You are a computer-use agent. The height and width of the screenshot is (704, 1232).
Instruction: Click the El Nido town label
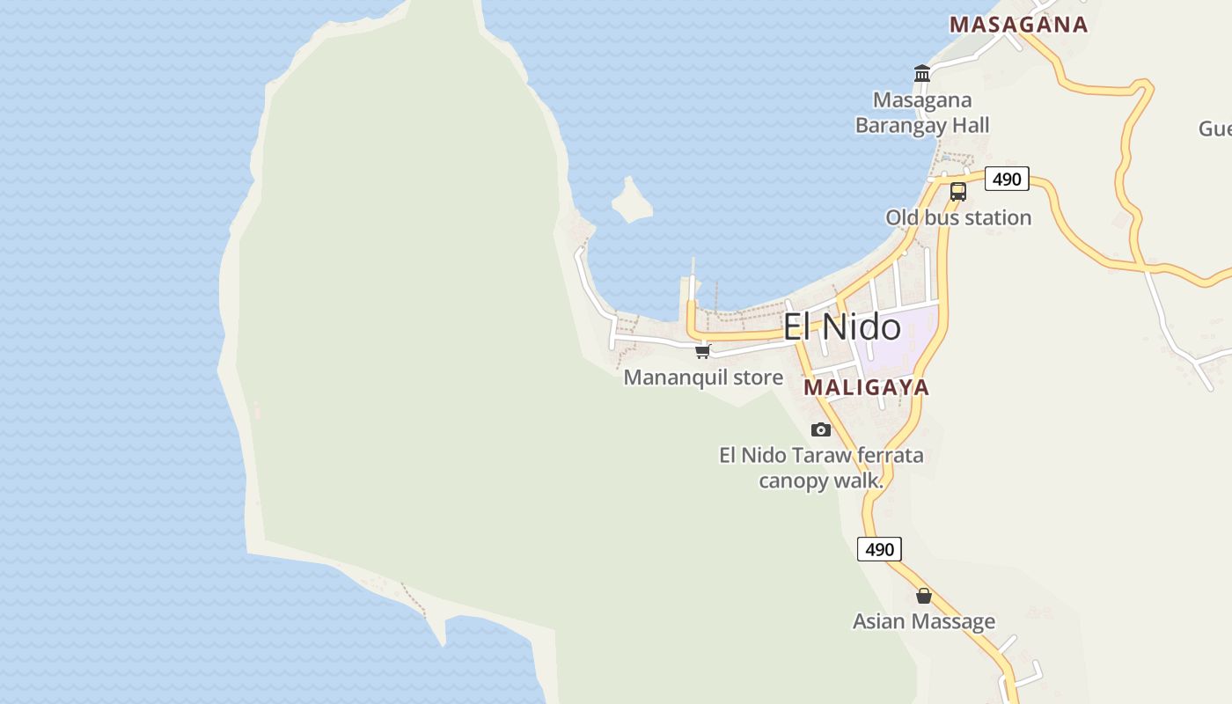coord(842,327)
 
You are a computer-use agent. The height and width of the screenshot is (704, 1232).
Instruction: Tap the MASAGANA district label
coord(1018,25)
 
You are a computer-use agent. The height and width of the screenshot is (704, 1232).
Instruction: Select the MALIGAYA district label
coord(867,387)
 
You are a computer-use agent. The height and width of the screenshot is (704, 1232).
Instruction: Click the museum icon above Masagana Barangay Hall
coord(922,74)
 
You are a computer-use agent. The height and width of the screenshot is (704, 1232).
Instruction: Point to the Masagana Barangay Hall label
coord(922,114)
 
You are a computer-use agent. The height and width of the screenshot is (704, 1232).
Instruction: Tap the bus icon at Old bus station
coord(958,191)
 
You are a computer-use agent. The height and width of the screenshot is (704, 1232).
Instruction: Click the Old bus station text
coord(958,217)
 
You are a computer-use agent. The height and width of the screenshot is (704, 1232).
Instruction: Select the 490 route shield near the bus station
coord(1007,180)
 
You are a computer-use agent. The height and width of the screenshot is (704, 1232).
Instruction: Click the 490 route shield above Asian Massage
coord(879,550)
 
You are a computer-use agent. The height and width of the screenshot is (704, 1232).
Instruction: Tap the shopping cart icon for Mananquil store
coord(702,352)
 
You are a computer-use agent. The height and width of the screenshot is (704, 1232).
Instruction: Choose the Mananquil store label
coord(703,378)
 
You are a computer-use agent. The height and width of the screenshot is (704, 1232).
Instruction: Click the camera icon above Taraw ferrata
coord(821,429)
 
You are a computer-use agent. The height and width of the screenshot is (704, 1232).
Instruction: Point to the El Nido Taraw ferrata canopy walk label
coord(821,467)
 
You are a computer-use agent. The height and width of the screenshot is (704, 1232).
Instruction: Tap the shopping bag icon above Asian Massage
coord(924,596)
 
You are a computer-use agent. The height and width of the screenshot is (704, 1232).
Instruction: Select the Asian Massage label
coord(924,621)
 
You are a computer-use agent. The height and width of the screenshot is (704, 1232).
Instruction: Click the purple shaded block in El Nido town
coord(902,339)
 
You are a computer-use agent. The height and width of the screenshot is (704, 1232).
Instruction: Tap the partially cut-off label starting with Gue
coord(1215,128)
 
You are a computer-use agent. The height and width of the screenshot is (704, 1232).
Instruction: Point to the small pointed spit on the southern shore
coord(437,629)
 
